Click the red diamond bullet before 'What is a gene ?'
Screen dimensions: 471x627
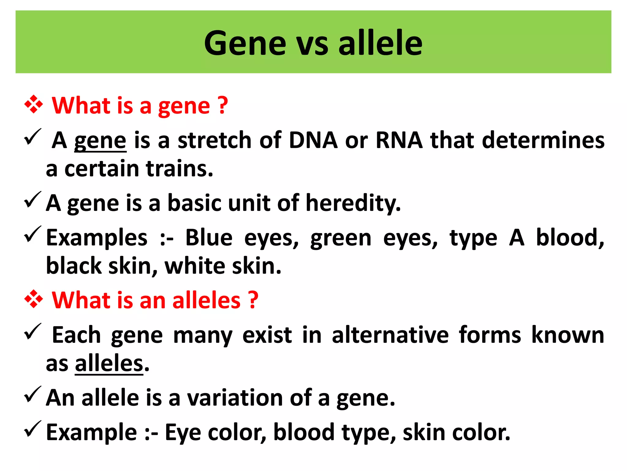point(33,105)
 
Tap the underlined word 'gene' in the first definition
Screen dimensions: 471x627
point(100,141)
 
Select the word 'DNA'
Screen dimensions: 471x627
point(313,140)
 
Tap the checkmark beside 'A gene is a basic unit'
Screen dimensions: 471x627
point(32,200)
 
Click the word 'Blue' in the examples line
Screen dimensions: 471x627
point(209,238)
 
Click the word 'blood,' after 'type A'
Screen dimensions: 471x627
point(570,238)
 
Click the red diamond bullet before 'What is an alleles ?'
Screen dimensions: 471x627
point(33,299)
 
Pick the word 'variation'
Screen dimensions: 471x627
point(235,398)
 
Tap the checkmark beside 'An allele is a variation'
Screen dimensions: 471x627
point(32,395)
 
